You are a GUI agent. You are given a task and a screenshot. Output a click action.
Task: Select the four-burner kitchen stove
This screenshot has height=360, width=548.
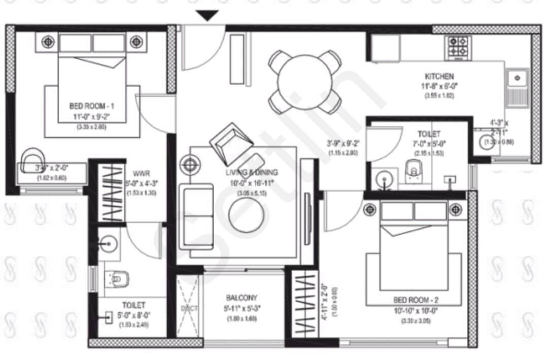click(x=458, y=46)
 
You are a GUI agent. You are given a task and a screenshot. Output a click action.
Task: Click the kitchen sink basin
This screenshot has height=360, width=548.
click(x=517, y=78)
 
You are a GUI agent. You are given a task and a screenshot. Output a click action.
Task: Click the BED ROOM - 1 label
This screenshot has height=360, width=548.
click(x=91, y=106)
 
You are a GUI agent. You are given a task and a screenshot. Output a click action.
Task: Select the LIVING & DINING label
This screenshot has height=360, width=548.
click(x=252, y=173)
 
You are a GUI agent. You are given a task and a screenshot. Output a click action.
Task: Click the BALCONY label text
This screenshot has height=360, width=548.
click(x=242, y=298)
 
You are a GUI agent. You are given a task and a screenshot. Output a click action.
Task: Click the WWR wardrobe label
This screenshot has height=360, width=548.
click(x=140, y=172)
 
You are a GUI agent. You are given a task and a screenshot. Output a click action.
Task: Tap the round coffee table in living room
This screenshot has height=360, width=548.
click(x=247, y=214)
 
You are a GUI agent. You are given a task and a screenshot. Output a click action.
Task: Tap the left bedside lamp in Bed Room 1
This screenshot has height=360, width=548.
click(x=48, y=42)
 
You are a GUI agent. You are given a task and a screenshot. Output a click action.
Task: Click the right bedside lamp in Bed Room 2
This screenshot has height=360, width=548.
click(x=456, y=209)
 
